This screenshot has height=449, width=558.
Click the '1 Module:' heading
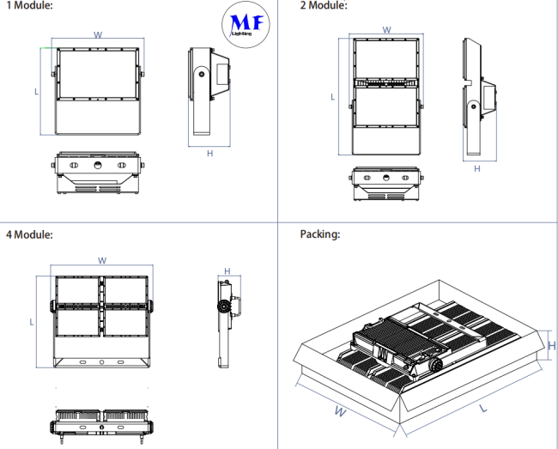click(x=29, y=6)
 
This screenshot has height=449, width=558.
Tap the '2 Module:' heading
click(x=324, y=6)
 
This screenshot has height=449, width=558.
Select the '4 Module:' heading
click(x=29, y=234)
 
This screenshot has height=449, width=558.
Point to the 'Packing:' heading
click(x=320, y=234)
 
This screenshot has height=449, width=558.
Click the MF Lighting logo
click(x=248, y=23)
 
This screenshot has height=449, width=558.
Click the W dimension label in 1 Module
click(x=97, y=35)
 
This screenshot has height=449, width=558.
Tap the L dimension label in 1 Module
click(x=36, y=90)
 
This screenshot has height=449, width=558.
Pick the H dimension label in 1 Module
click(x=209, y=154)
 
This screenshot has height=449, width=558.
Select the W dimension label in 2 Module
click(x=386, y=29)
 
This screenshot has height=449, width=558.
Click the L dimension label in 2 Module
click(x=333, y=97)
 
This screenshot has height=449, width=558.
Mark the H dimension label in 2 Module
click(x=476, y=168)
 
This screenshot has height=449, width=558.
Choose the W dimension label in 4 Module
click(x=101, y=260)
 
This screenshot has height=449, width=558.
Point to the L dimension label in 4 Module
click(x=31, y=322)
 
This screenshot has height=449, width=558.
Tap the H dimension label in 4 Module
click(x=227, y=271)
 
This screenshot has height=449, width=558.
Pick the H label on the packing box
click(x=552, y=346)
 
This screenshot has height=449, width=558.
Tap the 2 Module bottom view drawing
click(x=386, y=184)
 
